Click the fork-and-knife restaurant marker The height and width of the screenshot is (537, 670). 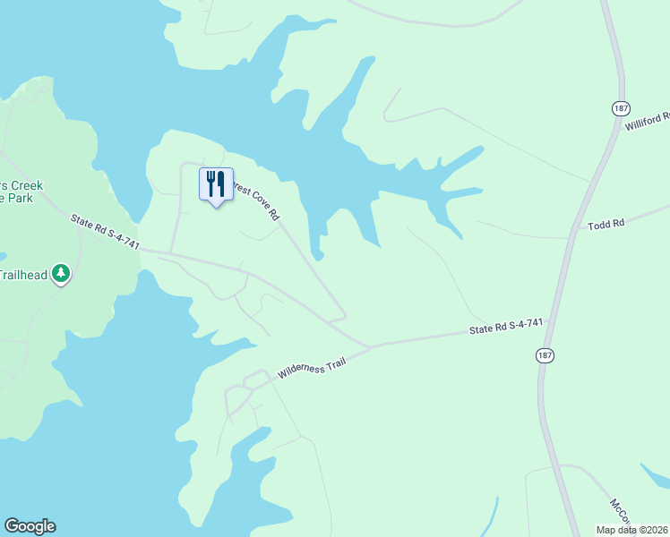pyautogui.click(x=215, y=185)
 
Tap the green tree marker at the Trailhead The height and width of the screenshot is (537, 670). pyautogui.click(x=60, y=272)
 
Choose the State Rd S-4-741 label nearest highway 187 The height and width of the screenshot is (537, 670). pyautogui.click(x=507, y=328)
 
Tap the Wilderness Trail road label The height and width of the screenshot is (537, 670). pyautogui.click(x=311, y=363)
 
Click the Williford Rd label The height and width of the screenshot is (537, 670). pyautogui.click(x=648, y=121)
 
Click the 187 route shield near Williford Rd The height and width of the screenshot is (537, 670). pyautogui.click(x=621, y=107)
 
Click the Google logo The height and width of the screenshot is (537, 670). pyautogui.click(x=30, y=526)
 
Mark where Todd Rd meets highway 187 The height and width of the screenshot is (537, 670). pyautogui.click(x=570, y=236)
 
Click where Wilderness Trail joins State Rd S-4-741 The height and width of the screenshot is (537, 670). pyautogui.click(x=369, y=346)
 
